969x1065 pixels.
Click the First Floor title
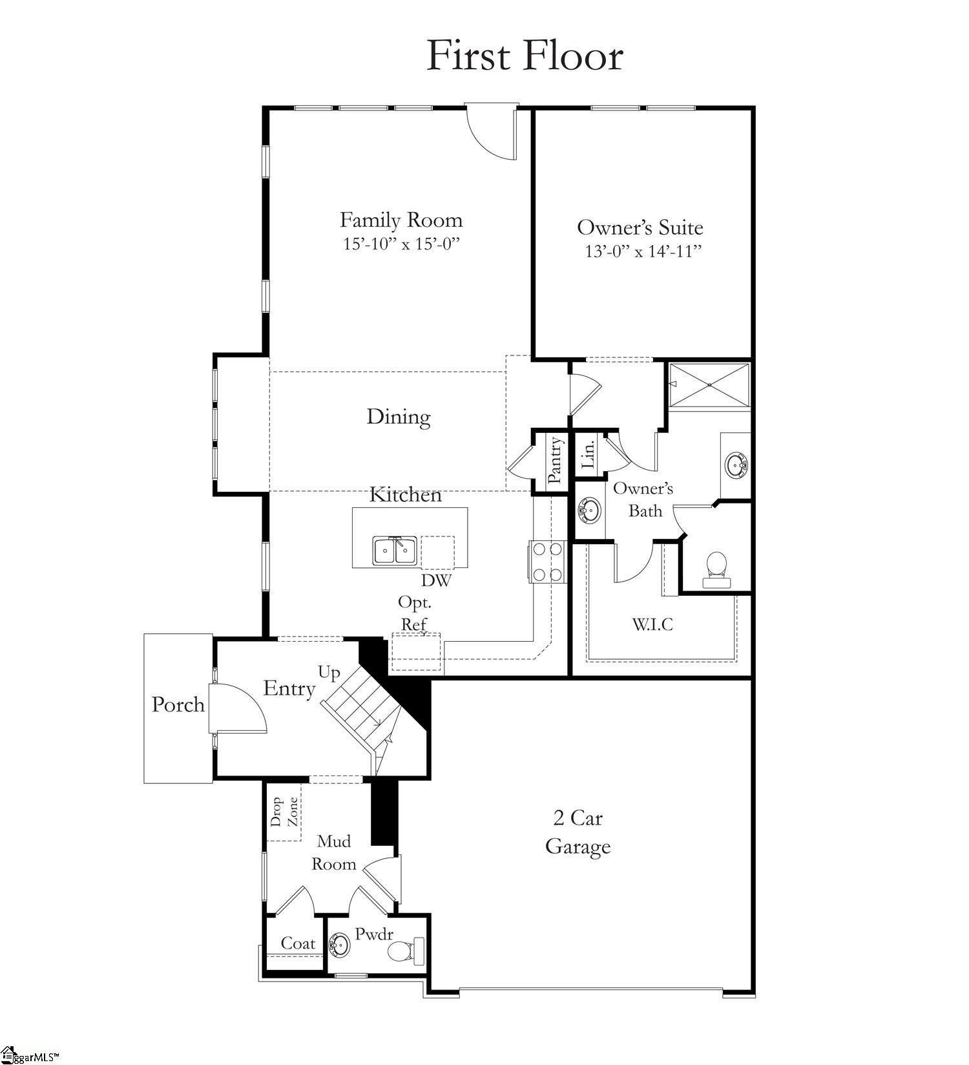tap(525, 56)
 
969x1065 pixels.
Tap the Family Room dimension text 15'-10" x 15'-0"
tap(401, 244)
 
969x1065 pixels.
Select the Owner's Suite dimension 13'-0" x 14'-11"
tap(643, 251)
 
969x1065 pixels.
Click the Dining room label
tap(399, 417)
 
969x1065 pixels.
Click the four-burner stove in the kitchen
tap(548, 562)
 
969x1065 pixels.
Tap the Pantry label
tap(555, 460)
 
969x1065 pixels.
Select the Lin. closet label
tap(589, 454)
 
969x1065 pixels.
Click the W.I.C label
tap(652, 624)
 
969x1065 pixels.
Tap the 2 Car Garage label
tap(578, 832)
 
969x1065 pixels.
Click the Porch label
tap(178, 704)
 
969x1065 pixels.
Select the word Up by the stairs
tap(329, 673)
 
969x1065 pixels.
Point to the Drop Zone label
tap(284, 812)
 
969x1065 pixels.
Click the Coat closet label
tap(298, 944)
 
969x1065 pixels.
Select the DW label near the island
tap(436, 580)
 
